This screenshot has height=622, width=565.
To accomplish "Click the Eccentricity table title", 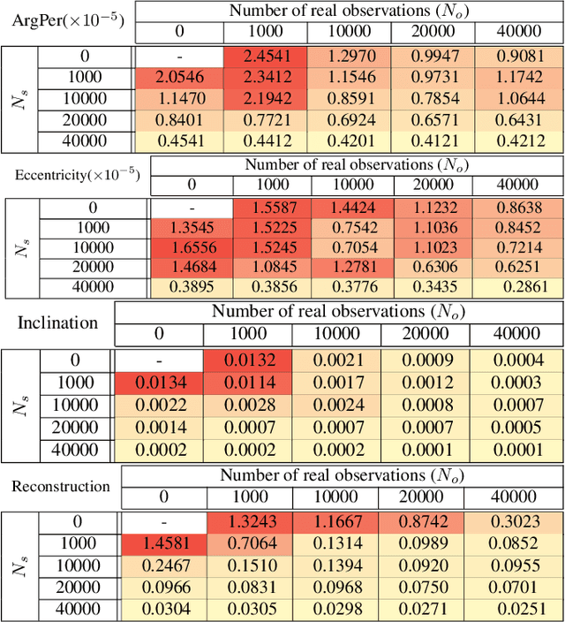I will coord(77,174).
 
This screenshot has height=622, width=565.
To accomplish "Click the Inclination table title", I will coord(57,322).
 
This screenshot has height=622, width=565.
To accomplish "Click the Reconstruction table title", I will coord(61,486).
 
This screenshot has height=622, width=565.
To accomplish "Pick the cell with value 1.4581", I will coord(163,542).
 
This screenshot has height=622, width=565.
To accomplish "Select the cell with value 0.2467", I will coord(163,563).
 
